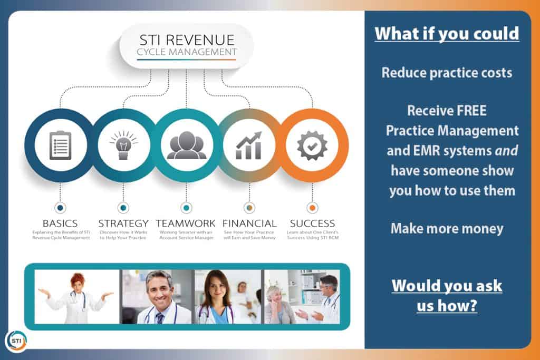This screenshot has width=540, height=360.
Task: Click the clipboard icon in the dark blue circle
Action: pyautogui.click(x=60, y=145)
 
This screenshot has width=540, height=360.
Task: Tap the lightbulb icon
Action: pyautogui.click(x=123, y=145)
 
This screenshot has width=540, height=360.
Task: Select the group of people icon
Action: pyautogui.click(x=186, y=145)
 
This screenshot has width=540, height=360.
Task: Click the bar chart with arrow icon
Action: pyautogui.click(x=249, y=145)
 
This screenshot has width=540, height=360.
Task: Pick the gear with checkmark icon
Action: pyautogui.click(x=312, y=145)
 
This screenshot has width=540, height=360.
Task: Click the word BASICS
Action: pyautogui.click(x=60, y=223)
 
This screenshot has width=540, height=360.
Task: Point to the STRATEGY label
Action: pyautogui.click(x=123, y=223)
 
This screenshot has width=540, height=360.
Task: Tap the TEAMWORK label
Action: pyautogui.click(x=186, y=223)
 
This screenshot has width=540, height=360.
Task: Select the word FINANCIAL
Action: pyautogui.click(x=249, y=223)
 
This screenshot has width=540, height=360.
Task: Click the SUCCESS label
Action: pyautogui.click(x=312, y=223)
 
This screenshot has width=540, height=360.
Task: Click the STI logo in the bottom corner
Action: pyautogui.click(x=16, y=341)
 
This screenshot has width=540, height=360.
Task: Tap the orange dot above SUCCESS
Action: pyautogui.click(x=312, y=208)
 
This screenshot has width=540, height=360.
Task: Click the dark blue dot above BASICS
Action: pyautogui.click(x=60, y=208)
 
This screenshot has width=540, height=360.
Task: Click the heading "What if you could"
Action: pyautogui.click(x=447, y=34)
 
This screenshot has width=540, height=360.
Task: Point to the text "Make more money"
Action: pyautogui.click(x=447, y=229)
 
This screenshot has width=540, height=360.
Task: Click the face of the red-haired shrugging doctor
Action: pyautogui.click(x=78, y=284)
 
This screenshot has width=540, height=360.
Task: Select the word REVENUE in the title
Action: pyautogui.click(x=200, y=40)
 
